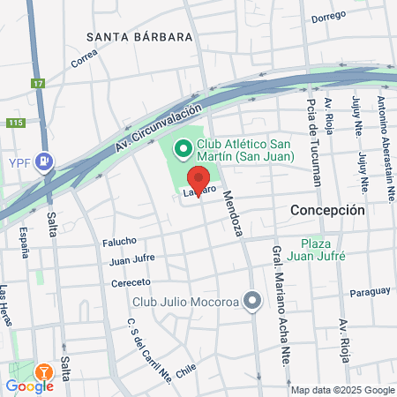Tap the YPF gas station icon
pos(44,162)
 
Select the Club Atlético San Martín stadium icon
pos(184,148)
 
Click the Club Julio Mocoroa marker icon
pos(252,302)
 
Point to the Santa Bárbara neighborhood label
pos(140,37)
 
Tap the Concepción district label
pos(327,211)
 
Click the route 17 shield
pos(37,84)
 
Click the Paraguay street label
pos(369,292)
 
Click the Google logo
pos(29,386)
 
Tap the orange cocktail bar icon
pos(43,371)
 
